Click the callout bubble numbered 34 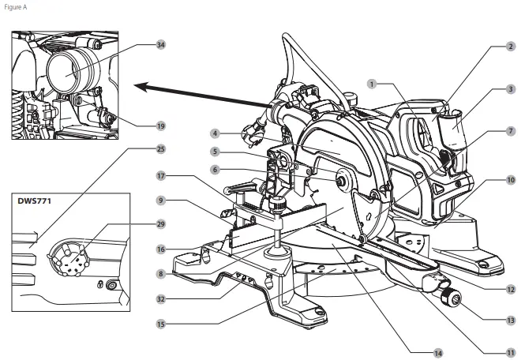click(x=161, y=45)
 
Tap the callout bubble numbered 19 click(x=161, y=126)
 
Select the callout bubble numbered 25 click(x=161, y=148)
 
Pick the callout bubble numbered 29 click(x=161, y=225)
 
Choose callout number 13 click(x=511, y=321)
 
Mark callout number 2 click(x=511, y=47)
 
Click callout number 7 click(x=511, y=130)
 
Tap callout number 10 click(x=511, y=181)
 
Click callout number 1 click(x=372, y=83)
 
